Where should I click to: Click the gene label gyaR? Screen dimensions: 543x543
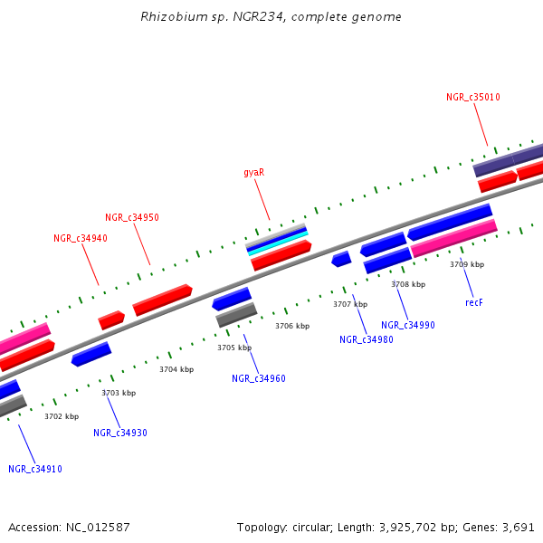[254, 172]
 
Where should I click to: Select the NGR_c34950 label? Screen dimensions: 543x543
[132, 217]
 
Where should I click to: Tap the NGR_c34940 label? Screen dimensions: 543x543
[81, 238]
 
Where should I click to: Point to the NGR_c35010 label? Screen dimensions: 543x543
[473, 97]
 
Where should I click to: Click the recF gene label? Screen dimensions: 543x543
[474, 302]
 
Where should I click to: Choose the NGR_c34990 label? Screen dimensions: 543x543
[408, 325]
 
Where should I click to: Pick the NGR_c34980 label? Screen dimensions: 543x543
[367, 339]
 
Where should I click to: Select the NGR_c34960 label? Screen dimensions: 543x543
[259, 378]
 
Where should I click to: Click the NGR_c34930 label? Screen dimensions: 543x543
[120, 433]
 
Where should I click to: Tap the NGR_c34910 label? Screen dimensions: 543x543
[35, 469]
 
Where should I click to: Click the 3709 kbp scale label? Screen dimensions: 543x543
[467, 264]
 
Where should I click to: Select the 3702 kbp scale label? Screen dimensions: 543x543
[62, 416]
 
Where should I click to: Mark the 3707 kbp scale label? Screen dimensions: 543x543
[350, 304]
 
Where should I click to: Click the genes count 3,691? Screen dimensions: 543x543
[517, 527]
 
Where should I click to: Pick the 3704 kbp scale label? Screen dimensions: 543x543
[176, 369]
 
